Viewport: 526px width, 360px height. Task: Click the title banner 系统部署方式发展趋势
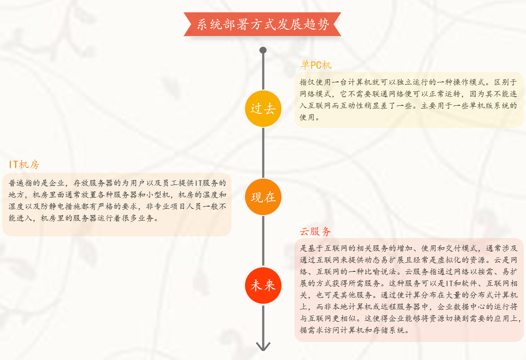(263, 24)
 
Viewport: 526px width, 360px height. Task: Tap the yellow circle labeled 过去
(263, 108)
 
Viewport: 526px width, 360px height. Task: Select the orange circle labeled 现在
(263, 197)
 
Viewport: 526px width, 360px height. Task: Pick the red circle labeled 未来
(263, 285)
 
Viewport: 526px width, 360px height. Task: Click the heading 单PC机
(316, 64)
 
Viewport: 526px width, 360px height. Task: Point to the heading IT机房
(24, 165)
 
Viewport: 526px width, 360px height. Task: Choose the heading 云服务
(315, 231)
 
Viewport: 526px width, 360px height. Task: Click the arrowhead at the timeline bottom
(263, 346)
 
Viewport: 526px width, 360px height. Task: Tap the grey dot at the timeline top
(263, 50)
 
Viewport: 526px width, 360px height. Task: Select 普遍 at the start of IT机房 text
(17, 183)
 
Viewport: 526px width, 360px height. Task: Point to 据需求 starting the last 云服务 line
(312, 330)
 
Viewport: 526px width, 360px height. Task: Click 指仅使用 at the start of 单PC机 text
(316, 82)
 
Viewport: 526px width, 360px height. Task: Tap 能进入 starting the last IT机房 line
(21, 218)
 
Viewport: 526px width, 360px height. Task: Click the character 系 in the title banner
(202, 24)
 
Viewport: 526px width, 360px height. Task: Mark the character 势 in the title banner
(323, 24)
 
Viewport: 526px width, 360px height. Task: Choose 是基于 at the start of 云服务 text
(312, 248)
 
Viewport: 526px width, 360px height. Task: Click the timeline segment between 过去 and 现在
(263, 153)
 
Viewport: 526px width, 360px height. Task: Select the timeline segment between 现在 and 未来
(263, 242)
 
